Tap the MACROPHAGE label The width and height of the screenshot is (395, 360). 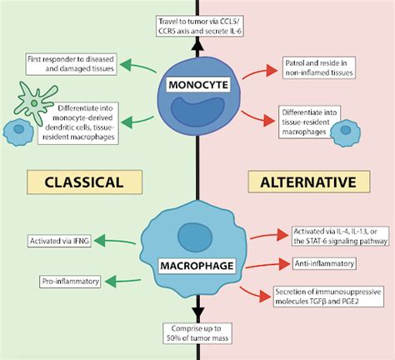pos(197,242)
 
